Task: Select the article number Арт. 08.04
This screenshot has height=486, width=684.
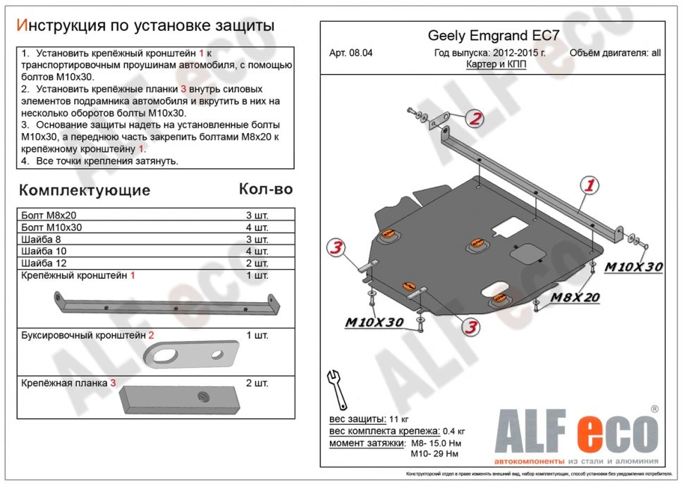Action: pos(352,53)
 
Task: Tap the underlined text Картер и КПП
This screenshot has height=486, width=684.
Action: pos(496,64)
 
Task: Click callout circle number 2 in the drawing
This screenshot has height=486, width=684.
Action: pos(475,119)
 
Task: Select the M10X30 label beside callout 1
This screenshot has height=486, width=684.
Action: pos(634,266)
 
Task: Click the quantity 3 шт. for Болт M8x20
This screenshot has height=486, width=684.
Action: pos(256,216)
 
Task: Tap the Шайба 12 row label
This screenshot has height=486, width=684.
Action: pos(41,263)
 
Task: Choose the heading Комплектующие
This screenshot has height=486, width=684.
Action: pos(84,190)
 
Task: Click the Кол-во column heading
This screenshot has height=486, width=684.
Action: pos(266,189)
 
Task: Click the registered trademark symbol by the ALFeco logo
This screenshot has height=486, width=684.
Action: pos(654,409)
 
